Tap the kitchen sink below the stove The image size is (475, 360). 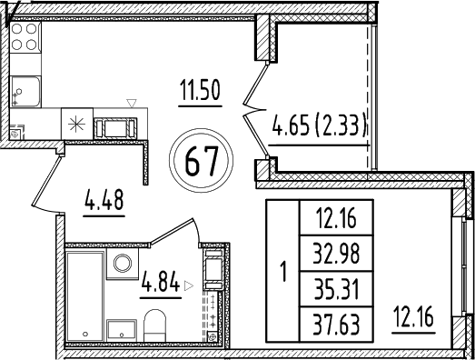24,91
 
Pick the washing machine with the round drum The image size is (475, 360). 121,263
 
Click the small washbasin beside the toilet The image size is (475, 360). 120,329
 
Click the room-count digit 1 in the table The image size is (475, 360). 282,270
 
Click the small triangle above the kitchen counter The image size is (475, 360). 131,103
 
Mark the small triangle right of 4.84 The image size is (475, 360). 188,285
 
